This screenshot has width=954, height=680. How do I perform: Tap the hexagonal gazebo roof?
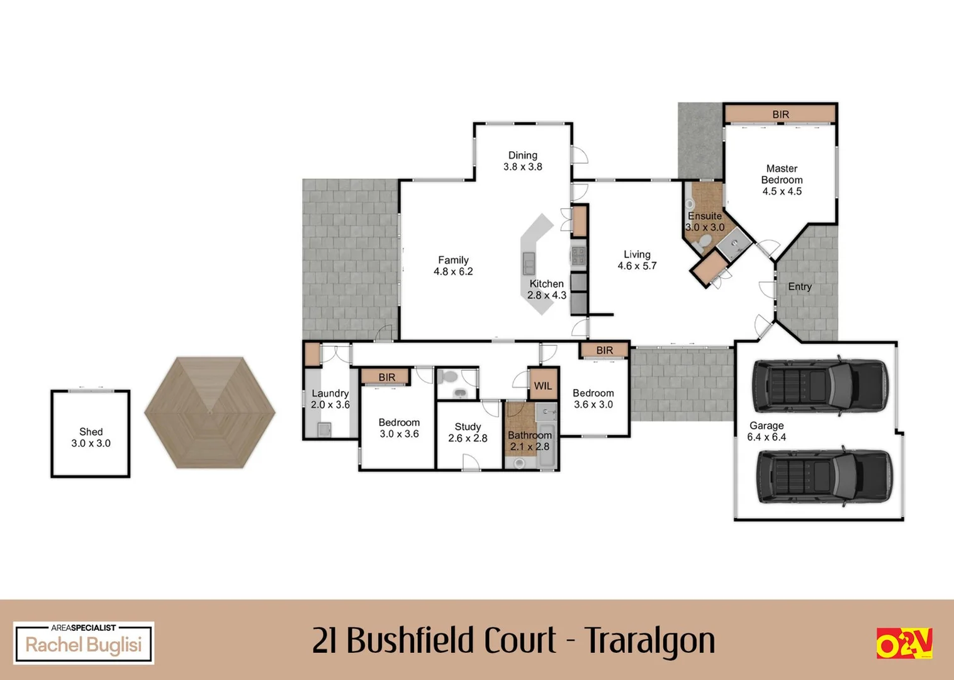click(x=210, y=412)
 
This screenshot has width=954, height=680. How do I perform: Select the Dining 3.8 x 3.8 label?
click(x=522, y=161)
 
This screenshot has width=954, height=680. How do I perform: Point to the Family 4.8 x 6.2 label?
click(x=453, y=266)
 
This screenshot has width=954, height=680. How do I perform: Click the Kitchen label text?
click(x=546, y=284)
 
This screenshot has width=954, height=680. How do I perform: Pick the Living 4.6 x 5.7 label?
click(x=637, y=260)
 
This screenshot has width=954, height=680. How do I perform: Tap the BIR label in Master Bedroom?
click(x=780, y=115)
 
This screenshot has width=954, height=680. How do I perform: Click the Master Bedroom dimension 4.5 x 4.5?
click(x=782, y=191)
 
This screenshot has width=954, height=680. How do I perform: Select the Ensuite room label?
click(x=705, y=216)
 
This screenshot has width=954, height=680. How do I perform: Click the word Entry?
click(x=800, y=286)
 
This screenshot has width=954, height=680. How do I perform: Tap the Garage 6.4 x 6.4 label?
click(x=766, y=431)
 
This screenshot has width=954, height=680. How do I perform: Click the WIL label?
click(x=542, y=386)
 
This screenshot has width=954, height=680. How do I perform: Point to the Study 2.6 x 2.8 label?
click(x=468, y=433)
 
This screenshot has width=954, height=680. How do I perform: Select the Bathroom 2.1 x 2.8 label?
click(x=530, y=441)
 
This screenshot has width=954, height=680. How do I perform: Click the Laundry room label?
click(x=330, y=394)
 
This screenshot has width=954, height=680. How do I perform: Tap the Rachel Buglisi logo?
click(x=84, y=643)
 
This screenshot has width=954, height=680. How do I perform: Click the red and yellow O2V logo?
click(x=904, y=643)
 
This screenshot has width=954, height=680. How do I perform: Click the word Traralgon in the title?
click(x=649, y=641)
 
